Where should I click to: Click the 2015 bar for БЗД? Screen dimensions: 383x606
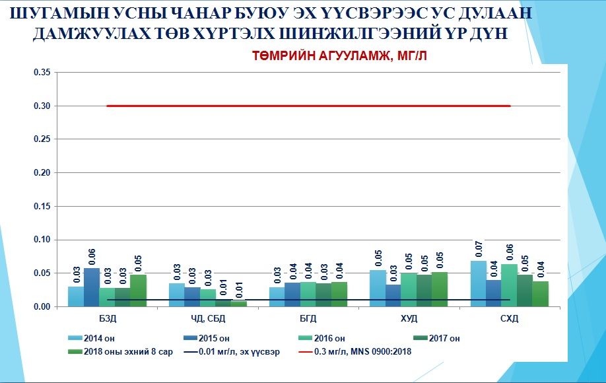pyautogui.click(x=92, y=287)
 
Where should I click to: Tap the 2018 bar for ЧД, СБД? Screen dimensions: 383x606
pyautogui.click(x=238, y=304)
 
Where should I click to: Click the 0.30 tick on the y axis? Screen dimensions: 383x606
pyautogui.click(x=42, y=106)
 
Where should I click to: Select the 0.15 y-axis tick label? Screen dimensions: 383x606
pyautogui.click(x=42, y=206)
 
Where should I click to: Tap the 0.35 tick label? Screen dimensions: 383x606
pyautogui.click(x=42, y=72)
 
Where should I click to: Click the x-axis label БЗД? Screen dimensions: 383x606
pyautogui.click(x=108, y=319)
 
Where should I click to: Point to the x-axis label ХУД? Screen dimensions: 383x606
pyautogui.click(x=409, y=319)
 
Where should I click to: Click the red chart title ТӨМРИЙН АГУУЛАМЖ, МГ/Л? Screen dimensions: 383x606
pyautogui.click(x=340, y=57)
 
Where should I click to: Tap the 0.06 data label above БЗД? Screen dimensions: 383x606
pyautogui.click(x=92, y=256)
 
